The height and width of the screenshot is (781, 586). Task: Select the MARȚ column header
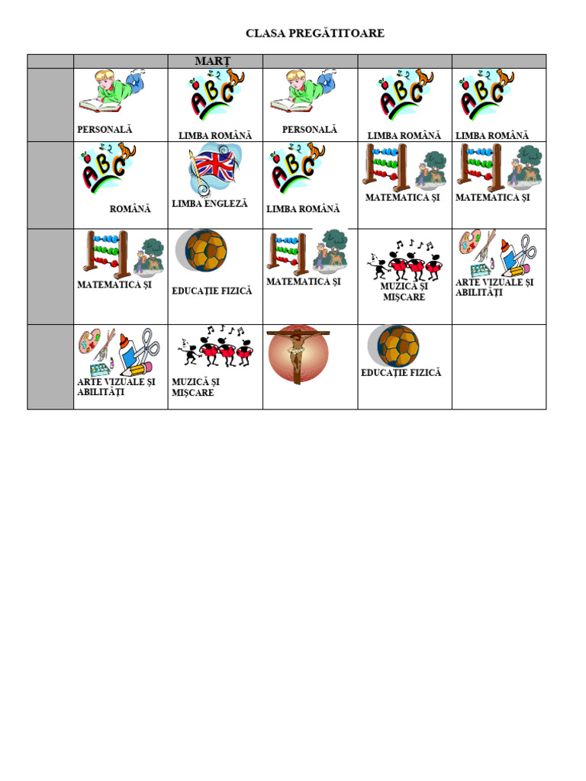213,61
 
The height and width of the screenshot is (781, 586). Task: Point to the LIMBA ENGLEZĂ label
210,203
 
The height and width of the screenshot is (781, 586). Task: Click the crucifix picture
298,354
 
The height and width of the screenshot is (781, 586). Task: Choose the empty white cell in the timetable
499,367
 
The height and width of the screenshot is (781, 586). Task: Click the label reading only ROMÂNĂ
130,209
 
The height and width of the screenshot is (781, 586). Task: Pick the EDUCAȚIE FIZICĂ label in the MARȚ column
212,291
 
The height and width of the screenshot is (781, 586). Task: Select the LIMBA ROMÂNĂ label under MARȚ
215,136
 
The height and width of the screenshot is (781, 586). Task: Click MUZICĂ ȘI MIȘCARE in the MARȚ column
196,387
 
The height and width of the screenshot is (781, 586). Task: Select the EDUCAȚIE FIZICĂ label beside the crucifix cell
401,372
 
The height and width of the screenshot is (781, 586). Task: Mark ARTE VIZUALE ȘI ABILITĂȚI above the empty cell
494,288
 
